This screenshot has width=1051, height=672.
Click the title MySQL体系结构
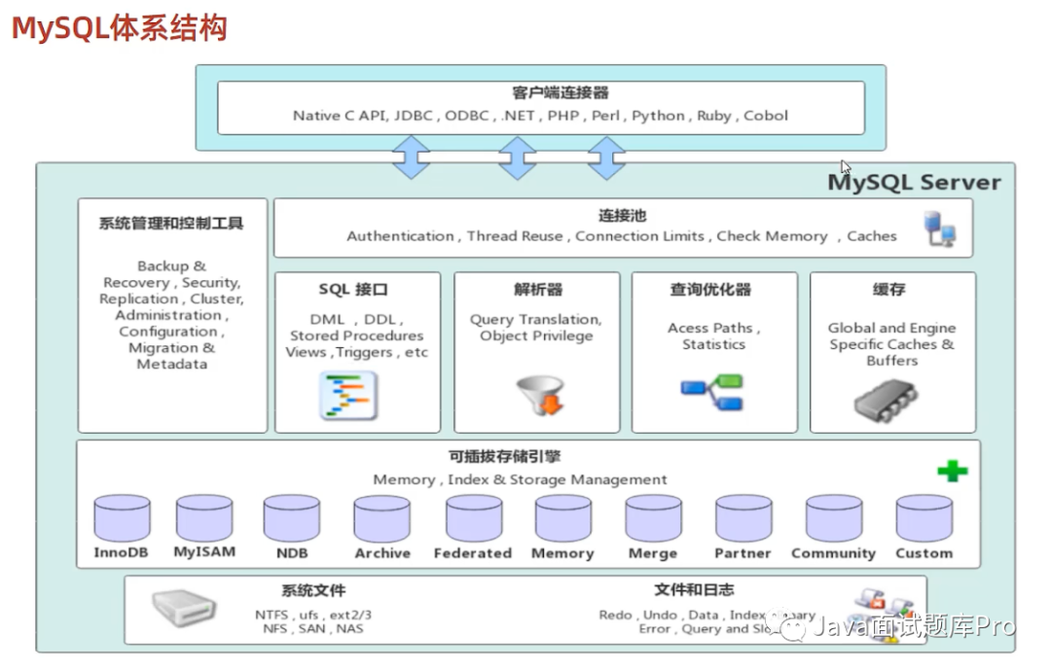coord(119,26)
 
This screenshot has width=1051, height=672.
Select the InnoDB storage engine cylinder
coord(123,518)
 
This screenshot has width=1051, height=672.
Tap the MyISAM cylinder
coord(204,518)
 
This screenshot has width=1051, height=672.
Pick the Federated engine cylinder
coord(474,518)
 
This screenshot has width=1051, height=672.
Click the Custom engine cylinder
coord(924,518)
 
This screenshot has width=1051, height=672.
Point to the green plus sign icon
coord(952,471)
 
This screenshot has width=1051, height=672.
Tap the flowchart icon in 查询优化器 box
coord(712,391)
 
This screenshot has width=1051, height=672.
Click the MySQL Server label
coord(914,182)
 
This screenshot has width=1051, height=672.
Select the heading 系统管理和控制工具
coord(171,223)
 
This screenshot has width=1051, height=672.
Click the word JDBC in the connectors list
coord(415,116)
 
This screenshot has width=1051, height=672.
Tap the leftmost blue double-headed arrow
coord(412,157)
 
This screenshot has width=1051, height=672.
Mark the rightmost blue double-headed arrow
coord(606,157)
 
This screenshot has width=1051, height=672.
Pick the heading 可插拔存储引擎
coord(519,457)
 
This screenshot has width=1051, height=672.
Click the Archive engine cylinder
coord(381,518)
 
